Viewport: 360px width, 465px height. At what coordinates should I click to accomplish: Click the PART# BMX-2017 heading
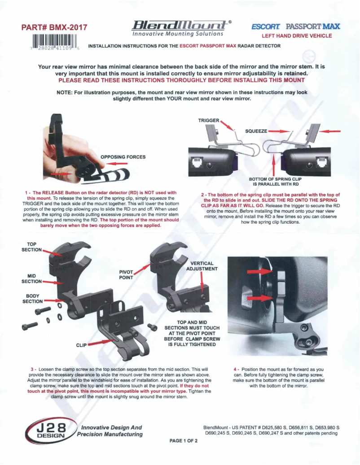coord(53,27)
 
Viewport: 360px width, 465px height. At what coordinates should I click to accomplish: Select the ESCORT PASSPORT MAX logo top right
coord(296,26)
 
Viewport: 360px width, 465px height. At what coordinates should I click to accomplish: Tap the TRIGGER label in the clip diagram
coord(208,121)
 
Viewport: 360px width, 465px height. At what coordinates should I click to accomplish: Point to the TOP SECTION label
coord(31,247)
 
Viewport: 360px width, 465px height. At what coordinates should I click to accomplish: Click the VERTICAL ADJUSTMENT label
coord(202,266)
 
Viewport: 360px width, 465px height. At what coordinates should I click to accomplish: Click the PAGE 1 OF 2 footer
coord(184,441)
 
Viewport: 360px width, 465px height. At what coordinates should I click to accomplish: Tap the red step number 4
coord(236,369)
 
